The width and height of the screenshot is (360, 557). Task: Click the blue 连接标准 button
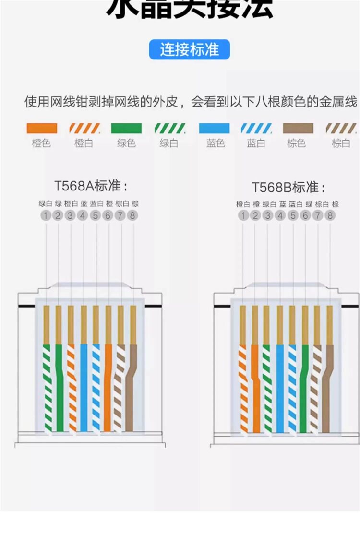[190, 50]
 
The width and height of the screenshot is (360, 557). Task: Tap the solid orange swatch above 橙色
[41, 129]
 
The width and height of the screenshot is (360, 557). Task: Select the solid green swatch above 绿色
[126, 129]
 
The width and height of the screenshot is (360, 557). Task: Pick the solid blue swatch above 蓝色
[214, 129]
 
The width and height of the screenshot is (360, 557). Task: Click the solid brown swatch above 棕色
[298, 129]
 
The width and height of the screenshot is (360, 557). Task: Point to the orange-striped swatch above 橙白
[84, 129]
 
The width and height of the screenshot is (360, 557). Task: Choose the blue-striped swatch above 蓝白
[256, 129]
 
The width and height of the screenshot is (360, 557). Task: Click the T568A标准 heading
[91, 186]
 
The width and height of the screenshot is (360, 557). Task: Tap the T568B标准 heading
[288, 187]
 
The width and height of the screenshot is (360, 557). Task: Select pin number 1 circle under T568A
[45, 216]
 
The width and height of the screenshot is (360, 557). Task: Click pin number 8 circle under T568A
[132, 216]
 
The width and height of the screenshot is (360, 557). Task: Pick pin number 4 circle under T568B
[280, 216]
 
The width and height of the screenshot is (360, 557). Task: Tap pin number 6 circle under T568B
[305, 216]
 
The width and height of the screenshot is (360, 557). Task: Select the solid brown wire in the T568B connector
[327, 389]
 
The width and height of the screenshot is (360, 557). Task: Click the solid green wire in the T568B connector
[303, 389]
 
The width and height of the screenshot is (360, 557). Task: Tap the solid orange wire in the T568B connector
[256, 389]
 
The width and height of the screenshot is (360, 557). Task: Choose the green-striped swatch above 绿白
[169, 129]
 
